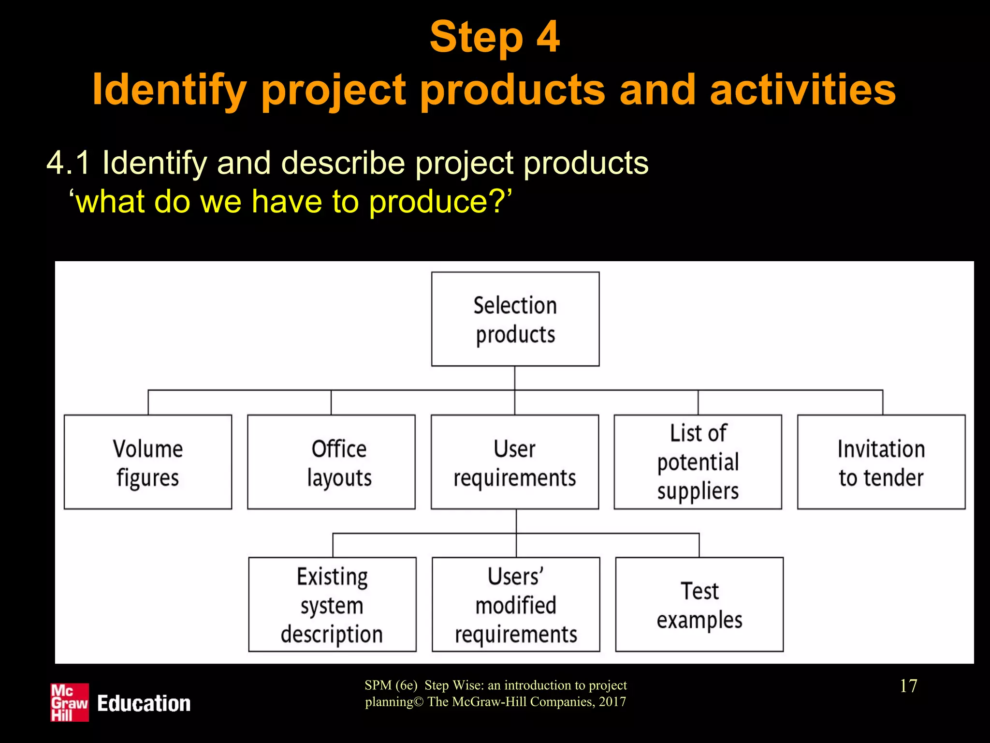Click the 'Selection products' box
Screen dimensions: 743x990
(x=515, y=319)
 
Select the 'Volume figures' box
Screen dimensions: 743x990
(x=148, y=462)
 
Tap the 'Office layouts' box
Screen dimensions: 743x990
(x=331, y=462)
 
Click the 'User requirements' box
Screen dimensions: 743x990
(x=515, y=462)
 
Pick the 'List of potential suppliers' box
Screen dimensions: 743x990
(x=698, y=462)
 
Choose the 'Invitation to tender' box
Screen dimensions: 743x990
(x=881, y=462)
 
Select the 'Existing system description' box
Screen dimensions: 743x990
(x=332, y=605)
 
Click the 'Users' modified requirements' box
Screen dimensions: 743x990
(x=516, y=605)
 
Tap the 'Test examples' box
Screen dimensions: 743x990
(x=699, y=605)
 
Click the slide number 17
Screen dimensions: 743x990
(x=908, y=686)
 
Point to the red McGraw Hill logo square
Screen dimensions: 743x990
(x=70, y=702)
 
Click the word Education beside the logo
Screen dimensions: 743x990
(x=144, y=703)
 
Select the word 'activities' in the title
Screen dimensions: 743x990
(x=802, y=90)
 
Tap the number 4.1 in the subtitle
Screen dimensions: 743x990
(x=68, y=163)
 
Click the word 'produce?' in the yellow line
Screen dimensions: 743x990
(x=440, y=201)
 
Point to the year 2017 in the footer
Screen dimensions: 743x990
(x=612, y=701)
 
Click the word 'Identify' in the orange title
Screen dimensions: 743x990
(x=169, y=90)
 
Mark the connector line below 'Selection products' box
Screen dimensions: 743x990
(x=515, y=378)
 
